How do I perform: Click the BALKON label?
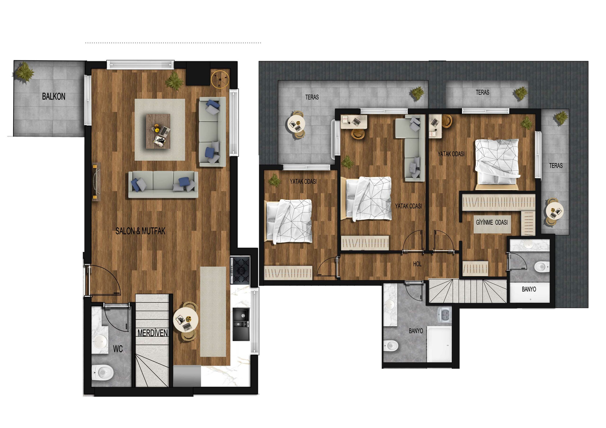point(53,96)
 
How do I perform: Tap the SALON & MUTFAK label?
point(140,231)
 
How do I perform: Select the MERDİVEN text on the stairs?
point(152,333)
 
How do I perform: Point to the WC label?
point(118,349)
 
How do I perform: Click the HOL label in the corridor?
point(417,264)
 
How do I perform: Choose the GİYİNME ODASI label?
point(492,222)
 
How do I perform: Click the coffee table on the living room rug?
point(158,131)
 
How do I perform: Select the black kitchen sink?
point(241,324)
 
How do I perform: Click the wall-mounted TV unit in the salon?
point(96,182)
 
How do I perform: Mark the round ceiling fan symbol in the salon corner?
point(220,79)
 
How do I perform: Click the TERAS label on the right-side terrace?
point(556,165)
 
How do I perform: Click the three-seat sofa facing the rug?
point(163,184)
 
